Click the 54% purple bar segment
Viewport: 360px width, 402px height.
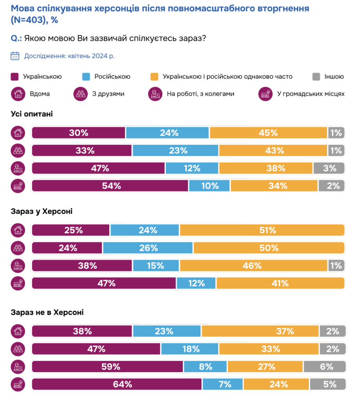[110, 186]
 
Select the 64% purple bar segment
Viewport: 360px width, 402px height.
[117, 384]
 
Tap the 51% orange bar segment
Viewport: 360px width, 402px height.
[262, 230]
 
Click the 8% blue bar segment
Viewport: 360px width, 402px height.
[205, 367]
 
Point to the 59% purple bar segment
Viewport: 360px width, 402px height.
[107, 367]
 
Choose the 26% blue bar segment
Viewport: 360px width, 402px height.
[148, 248]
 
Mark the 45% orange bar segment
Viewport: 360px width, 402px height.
[268, 133]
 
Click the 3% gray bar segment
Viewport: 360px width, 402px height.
[329, 168]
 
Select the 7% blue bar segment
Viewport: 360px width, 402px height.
[222, 384]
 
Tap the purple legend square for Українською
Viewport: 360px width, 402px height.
[15, 77]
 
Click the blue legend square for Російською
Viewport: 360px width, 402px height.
[86, 77]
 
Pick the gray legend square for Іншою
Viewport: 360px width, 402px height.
[316, 77]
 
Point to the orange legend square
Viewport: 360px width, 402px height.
[154, 77]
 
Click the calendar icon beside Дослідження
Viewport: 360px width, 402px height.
[15, 56]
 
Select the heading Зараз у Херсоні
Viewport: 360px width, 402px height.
[41, 211]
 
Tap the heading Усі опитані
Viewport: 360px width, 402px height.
[31, 114]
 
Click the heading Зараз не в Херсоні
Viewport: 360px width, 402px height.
[47, 312]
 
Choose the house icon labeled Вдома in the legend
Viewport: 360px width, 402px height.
[17, 94]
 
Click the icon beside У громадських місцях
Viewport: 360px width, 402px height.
[265, 94]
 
